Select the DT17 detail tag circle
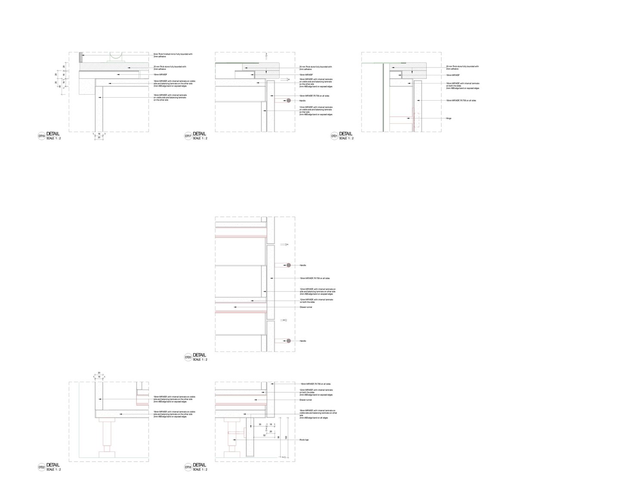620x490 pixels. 188,136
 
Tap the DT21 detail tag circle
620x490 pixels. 334,136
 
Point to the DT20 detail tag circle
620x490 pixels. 188,357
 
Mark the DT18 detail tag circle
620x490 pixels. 188,467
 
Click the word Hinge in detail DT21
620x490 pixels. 449,118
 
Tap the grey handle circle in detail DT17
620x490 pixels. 288,101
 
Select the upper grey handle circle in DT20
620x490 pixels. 288,265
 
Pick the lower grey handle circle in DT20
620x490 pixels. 288,341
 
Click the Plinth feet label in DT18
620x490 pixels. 304,440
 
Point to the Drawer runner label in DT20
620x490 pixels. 306,307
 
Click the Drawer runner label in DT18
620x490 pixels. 306,400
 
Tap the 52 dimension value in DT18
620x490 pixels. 264,435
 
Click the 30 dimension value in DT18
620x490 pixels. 260,425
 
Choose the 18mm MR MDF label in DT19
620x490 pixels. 160,74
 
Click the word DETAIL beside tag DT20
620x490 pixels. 199,355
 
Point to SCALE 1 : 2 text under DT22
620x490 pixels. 53,470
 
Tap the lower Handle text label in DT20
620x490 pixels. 303,341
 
